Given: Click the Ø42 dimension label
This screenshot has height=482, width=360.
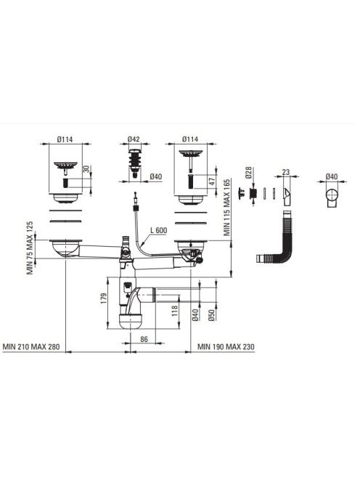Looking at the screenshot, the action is coord(134,139).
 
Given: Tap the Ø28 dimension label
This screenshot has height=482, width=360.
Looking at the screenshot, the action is coord(248,173).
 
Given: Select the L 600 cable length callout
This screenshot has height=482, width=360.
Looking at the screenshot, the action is coord(159,230).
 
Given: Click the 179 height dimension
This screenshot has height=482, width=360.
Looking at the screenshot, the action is coord(104,298).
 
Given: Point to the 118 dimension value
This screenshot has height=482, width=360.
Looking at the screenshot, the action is coord(175,311).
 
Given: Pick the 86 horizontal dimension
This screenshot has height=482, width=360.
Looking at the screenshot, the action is coord(144,339).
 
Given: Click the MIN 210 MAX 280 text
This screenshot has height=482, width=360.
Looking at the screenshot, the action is coord(31,347).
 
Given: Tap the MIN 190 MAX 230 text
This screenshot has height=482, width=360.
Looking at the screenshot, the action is coord(226,347).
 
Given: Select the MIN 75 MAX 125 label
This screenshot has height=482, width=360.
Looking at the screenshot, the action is coord(30,248).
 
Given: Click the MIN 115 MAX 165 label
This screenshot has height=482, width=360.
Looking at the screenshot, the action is coord(227,208).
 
